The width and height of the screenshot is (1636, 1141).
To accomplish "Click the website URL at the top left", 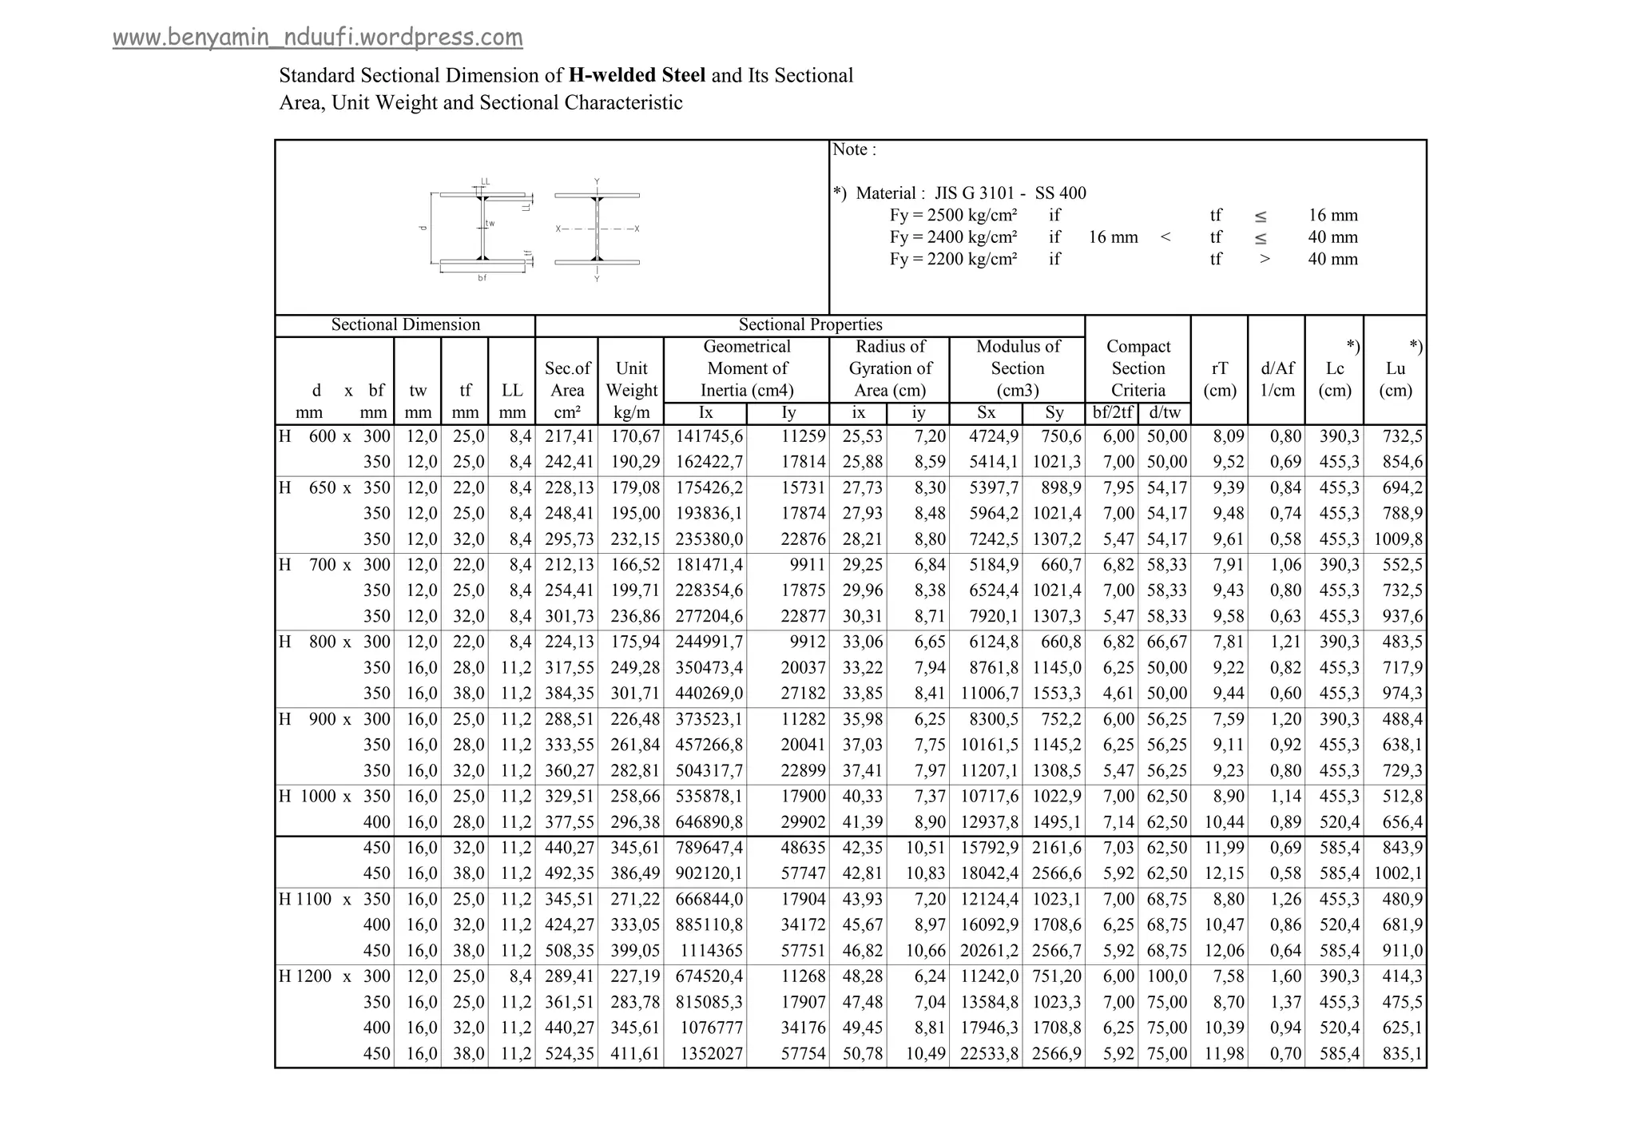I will pyautogui.click(x=317, y=38).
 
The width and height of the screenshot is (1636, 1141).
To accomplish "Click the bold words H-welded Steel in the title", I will pyautogui.click(x=637, y=76).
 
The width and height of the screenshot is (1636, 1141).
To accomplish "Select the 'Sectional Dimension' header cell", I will pyautogui.click(x=405, y=325).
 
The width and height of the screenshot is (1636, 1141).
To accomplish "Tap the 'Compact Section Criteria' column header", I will pyautogui.click(x=1138, y=368).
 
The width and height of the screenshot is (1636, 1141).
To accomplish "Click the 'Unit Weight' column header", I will pyautogui.click(x=631, y=380).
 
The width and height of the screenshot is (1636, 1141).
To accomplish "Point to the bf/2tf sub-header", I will pyautogui.click(x=1113, y=413).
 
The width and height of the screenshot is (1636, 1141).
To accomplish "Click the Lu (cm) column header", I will pyautogui.click(x=1395, y=380).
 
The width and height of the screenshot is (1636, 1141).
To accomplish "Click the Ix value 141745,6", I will pyautogui.click(x=709, y=436).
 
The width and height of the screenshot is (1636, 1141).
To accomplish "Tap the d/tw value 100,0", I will pyautogui.click(x=1167, y=976).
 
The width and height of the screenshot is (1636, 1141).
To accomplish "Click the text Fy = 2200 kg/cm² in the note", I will pyautogui.click(x=953, y=259).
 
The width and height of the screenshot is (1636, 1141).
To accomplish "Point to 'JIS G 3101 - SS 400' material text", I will pyautogui.click(x=1010, y=193).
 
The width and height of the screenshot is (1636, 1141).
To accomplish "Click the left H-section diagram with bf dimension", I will pyautogui.click(x=481, y=229).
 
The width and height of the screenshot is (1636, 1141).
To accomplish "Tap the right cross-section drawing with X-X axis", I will pyautogui.click(x=597, y=229).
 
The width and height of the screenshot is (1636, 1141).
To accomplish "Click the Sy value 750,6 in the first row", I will pyautogui.click(x=1061, y=436).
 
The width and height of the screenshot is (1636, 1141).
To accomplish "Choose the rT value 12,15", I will pyautogui.click(x=1223, y=873).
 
